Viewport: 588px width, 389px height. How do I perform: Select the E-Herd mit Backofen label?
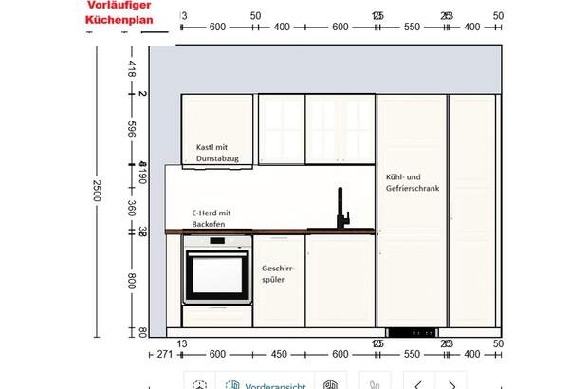(212, 218)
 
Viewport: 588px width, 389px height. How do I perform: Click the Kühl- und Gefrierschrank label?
(412, 183)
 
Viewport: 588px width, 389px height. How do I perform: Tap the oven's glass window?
(217, 273)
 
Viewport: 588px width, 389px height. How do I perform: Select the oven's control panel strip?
(217, 244)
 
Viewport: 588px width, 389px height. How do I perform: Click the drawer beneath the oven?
(217, 316)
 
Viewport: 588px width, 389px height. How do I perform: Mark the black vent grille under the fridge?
(412, 332)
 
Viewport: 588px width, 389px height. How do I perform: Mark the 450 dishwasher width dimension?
(279, 354)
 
